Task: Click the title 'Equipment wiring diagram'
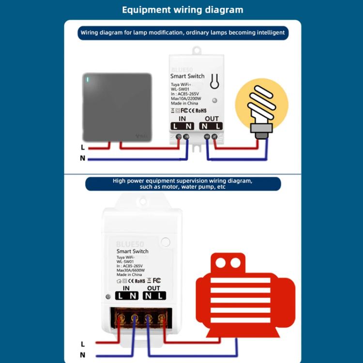pos(182,10)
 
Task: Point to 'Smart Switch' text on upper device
pos(187,76)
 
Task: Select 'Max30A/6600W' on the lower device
pos(131,270)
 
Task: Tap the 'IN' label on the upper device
pos(182,119)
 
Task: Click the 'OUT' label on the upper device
pos(212,119)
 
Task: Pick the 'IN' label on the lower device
pos(126,288)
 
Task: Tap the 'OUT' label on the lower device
pos(153,288)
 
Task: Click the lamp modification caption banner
pos(182,33)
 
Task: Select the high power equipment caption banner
pos(182,183)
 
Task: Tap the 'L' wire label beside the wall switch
pos(83,147)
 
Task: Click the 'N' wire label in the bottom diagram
pos(83,355)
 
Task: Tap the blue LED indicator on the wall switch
pos(87,79)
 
